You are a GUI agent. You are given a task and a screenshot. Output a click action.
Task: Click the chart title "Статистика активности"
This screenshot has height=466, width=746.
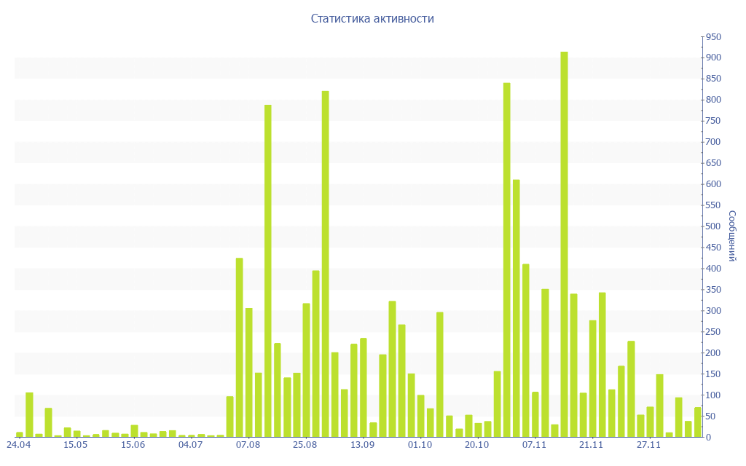(372, 19)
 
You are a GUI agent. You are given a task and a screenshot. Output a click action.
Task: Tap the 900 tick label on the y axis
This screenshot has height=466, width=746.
(712, 58)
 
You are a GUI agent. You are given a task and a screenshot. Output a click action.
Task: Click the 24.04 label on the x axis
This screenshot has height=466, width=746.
(18, 444)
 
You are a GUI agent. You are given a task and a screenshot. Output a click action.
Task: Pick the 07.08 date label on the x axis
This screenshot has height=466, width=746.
(248, 444)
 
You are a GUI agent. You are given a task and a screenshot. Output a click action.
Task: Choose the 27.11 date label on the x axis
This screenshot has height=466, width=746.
(649, 444)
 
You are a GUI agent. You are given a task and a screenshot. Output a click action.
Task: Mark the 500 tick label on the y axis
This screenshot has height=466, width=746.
(712, 226)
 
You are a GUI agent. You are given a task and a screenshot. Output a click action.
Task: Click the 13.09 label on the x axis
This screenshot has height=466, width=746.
(362, 444)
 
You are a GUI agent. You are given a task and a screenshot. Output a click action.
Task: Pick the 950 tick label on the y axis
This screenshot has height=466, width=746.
(712, 36)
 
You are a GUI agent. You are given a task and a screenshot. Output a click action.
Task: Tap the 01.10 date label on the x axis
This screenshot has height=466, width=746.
(420, 444)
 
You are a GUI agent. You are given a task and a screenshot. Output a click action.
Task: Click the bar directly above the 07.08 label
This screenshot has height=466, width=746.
(248, 372)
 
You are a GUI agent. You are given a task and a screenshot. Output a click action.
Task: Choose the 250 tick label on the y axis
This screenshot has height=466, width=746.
(712, 332)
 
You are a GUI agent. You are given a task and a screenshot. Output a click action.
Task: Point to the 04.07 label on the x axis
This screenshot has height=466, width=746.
(190, 444)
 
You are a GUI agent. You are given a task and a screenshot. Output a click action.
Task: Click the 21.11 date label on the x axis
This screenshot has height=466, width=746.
(592, 444)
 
